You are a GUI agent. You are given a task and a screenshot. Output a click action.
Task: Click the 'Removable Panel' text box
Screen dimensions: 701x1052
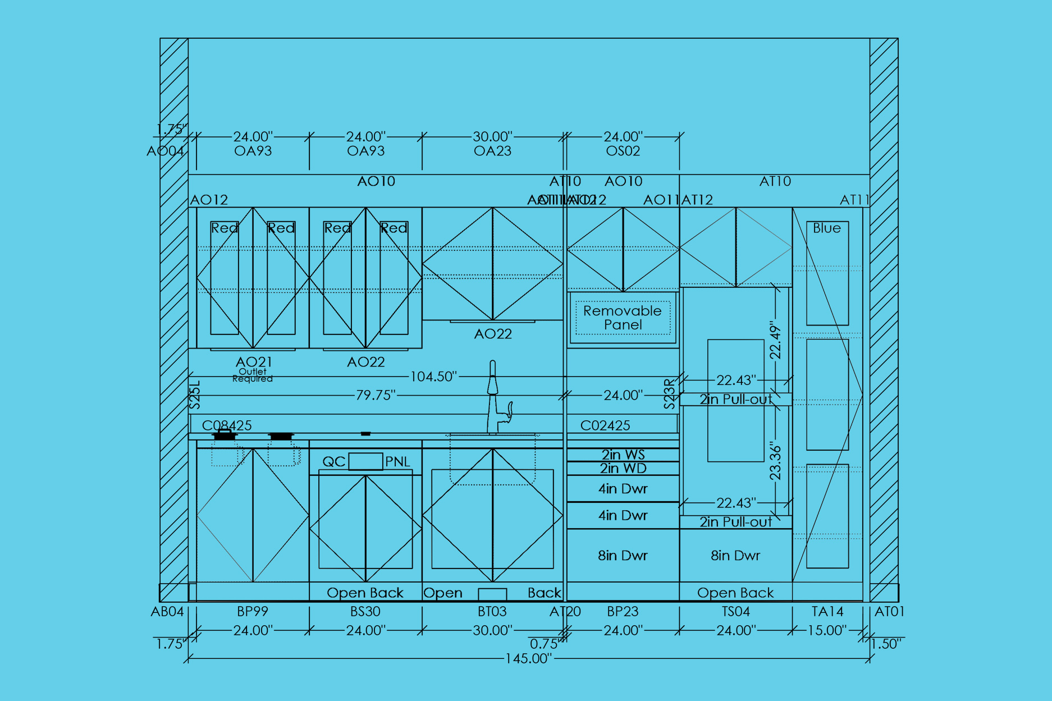pos(623,318)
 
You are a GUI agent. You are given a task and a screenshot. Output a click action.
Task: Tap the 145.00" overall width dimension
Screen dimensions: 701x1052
pos(528,658)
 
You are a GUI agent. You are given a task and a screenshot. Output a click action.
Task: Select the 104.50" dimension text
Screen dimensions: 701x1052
pos(433,377)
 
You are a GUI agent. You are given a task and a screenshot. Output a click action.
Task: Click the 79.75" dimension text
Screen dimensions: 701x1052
pos(376,395)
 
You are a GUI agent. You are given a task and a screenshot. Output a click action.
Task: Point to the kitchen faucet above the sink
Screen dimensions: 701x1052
pos(494,398)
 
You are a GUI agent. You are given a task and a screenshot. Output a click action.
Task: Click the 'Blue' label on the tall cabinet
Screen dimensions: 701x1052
pos(827,228)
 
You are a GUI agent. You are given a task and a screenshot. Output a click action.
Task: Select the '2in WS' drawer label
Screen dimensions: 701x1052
pos(623,455)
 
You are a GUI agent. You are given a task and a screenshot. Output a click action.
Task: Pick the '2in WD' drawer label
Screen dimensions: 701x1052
pos(623,468)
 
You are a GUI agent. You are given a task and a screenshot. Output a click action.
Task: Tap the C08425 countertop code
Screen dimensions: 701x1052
pos(227,425)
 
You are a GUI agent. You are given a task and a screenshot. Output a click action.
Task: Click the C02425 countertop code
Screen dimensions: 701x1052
pos(605,425)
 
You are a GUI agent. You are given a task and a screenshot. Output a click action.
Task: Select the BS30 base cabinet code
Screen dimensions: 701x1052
pos(365,611)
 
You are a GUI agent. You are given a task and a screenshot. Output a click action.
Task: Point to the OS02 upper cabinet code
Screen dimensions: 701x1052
pos(623,151)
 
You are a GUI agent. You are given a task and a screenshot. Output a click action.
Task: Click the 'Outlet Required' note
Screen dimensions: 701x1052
pos(253,375)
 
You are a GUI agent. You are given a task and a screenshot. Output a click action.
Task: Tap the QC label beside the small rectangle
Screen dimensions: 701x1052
pos(333,461)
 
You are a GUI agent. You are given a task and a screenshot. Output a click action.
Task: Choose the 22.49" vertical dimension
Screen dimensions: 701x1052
pos(775,340)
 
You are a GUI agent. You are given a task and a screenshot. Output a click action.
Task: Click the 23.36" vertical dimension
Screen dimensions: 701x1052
pos(775,461)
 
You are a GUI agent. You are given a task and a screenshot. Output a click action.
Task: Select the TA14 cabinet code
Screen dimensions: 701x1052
pos(827,611)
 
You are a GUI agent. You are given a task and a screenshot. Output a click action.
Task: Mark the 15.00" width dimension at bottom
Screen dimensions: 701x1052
pos(827,630)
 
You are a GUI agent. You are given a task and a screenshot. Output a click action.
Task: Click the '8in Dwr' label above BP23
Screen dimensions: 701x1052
pos(623,556)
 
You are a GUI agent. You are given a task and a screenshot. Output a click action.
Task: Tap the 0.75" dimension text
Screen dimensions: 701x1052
pos(544,644)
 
